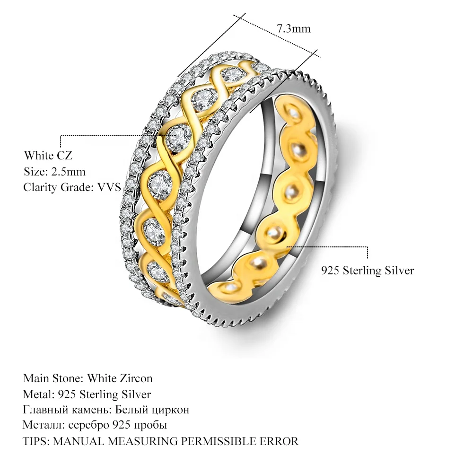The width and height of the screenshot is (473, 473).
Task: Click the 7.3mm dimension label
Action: pyautogui.click(x=294, y=29)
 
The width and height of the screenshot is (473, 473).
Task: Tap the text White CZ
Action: pyautogui.click(x=48, y=156)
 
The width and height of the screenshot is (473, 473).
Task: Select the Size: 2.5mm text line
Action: pyautogui.click(x=54, y=172)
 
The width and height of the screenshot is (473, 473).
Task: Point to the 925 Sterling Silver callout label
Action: pyautogui.click(x=368, y=271)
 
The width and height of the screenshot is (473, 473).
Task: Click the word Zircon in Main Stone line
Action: pyautogui.click(x=137, y=378)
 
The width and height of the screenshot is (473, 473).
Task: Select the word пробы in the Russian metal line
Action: pyautogui.click(x=151, y=425)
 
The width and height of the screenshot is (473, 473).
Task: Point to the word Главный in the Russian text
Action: pyautogui.click(x=44, y=410)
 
